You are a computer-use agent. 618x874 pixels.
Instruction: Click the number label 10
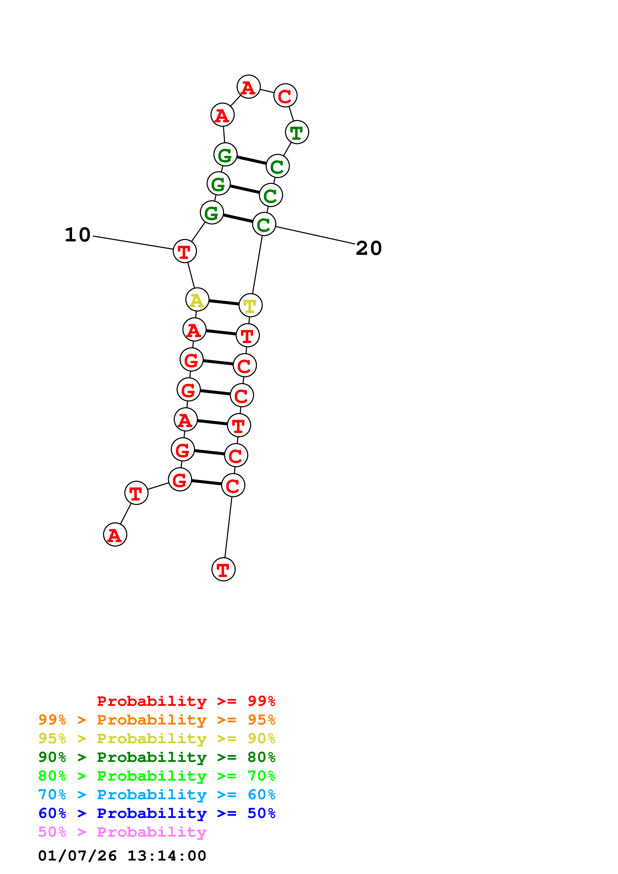click(x=78, y=235)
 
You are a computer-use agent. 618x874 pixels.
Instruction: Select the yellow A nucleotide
click(x=197, y=300)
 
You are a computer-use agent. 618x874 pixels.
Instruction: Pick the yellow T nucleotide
click(x=251, y=305)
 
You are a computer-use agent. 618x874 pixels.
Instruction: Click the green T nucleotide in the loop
click(x=297, y=133)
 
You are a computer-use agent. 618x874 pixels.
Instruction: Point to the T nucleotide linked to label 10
click(x=185, y=251)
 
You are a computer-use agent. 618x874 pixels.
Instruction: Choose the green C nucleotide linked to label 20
click(x=264, y=224)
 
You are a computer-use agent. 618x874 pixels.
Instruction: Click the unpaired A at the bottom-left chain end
click(x=115, y=535)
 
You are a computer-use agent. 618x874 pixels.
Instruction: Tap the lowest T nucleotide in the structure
click(x=224, y=570)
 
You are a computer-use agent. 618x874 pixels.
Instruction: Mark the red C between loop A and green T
click(x=285, y=95)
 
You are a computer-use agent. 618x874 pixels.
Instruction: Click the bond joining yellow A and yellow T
click(x=224, y=303)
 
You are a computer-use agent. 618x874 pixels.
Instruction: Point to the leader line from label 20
click(x=315, y=235)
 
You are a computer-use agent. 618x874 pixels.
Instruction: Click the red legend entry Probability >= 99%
click(x=186, y=701)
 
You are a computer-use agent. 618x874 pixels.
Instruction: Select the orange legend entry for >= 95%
click(x=157, y=720)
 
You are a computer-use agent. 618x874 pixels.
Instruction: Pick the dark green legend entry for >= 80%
click(x=157, y=757)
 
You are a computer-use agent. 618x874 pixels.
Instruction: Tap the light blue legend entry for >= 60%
click(x=157, y=795)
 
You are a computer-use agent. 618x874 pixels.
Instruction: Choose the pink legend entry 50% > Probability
click(x=122, y=832)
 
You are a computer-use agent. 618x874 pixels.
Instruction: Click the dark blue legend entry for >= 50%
click(x=157, y=813)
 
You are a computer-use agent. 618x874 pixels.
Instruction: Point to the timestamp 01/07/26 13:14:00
click(x=122, y=856)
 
